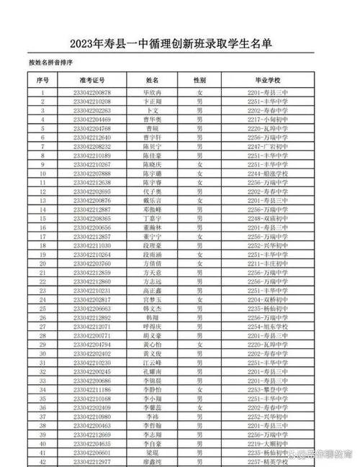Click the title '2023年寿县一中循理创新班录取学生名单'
[180, 45]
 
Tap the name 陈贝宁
[152, 145]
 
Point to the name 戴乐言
[152, 200]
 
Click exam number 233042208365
[92, 217]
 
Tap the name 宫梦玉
[152, 299]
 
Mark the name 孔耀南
[152, 371]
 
